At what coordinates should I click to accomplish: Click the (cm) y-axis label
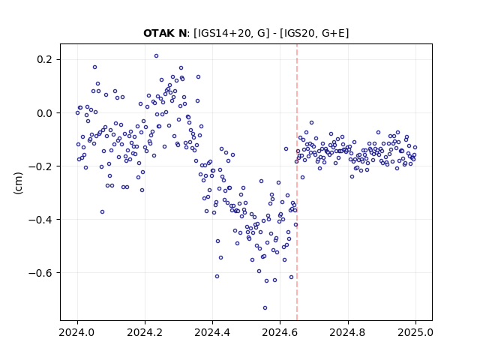18,183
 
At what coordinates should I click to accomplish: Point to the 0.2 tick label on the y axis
44,59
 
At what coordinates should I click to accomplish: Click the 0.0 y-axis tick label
44,113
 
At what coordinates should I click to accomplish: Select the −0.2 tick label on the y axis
40,166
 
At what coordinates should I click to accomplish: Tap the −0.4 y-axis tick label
40,220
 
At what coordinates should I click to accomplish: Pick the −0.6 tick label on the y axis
40,273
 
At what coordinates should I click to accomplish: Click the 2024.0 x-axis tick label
77,332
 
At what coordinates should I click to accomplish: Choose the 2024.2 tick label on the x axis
145,332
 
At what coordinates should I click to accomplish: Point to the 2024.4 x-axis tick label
212,332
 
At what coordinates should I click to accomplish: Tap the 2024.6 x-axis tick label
280,332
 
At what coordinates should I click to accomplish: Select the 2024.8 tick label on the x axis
347,332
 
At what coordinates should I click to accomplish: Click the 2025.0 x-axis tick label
415,332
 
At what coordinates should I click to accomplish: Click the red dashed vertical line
297,182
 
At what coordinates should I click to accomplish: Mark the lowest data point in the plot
265,308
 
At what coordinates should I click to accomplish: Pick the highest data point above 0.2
156,56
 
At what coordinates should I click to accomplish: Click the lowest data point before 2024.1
102,211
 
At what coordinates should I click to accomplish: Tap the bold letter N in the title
182,33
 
